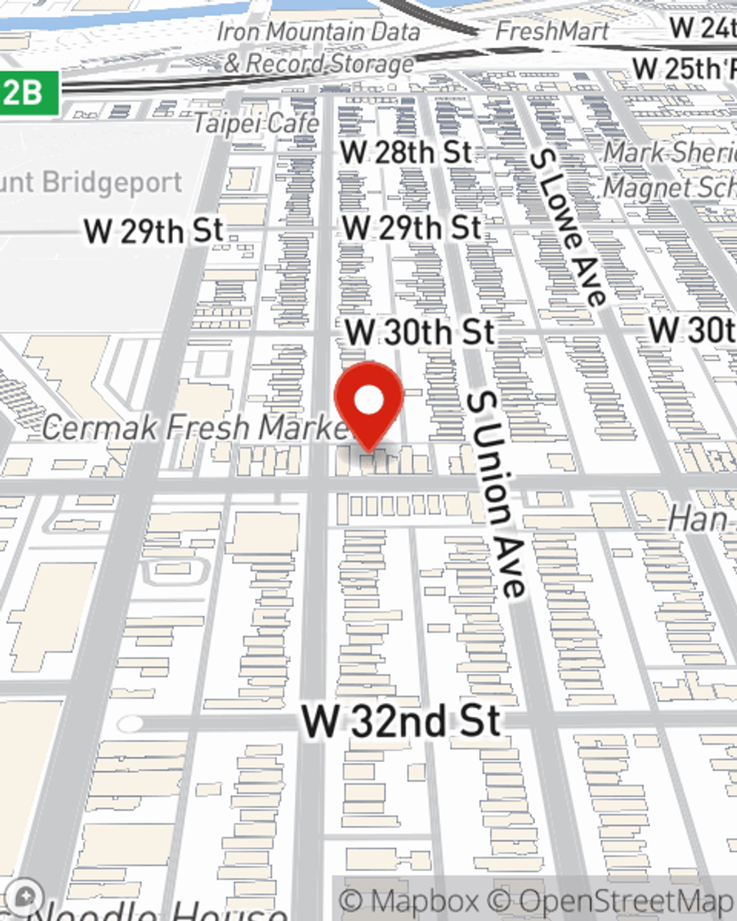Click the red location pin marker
pos(368,402)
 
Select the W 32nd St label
pos(402,721)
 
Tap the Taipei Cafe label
pos(256,122)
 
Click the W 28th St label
pos(406,153)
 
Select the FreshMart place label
pos(552,31)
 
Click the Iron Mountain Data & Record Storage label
pos(318,47)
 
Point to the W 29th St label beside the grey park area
pos(153,231)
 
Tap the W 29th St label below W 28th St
pos(412,227)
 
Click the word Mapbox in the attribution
pos(425,900)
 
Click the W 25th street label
pos(684,69)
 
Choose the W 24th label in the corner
pos(702,28)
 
